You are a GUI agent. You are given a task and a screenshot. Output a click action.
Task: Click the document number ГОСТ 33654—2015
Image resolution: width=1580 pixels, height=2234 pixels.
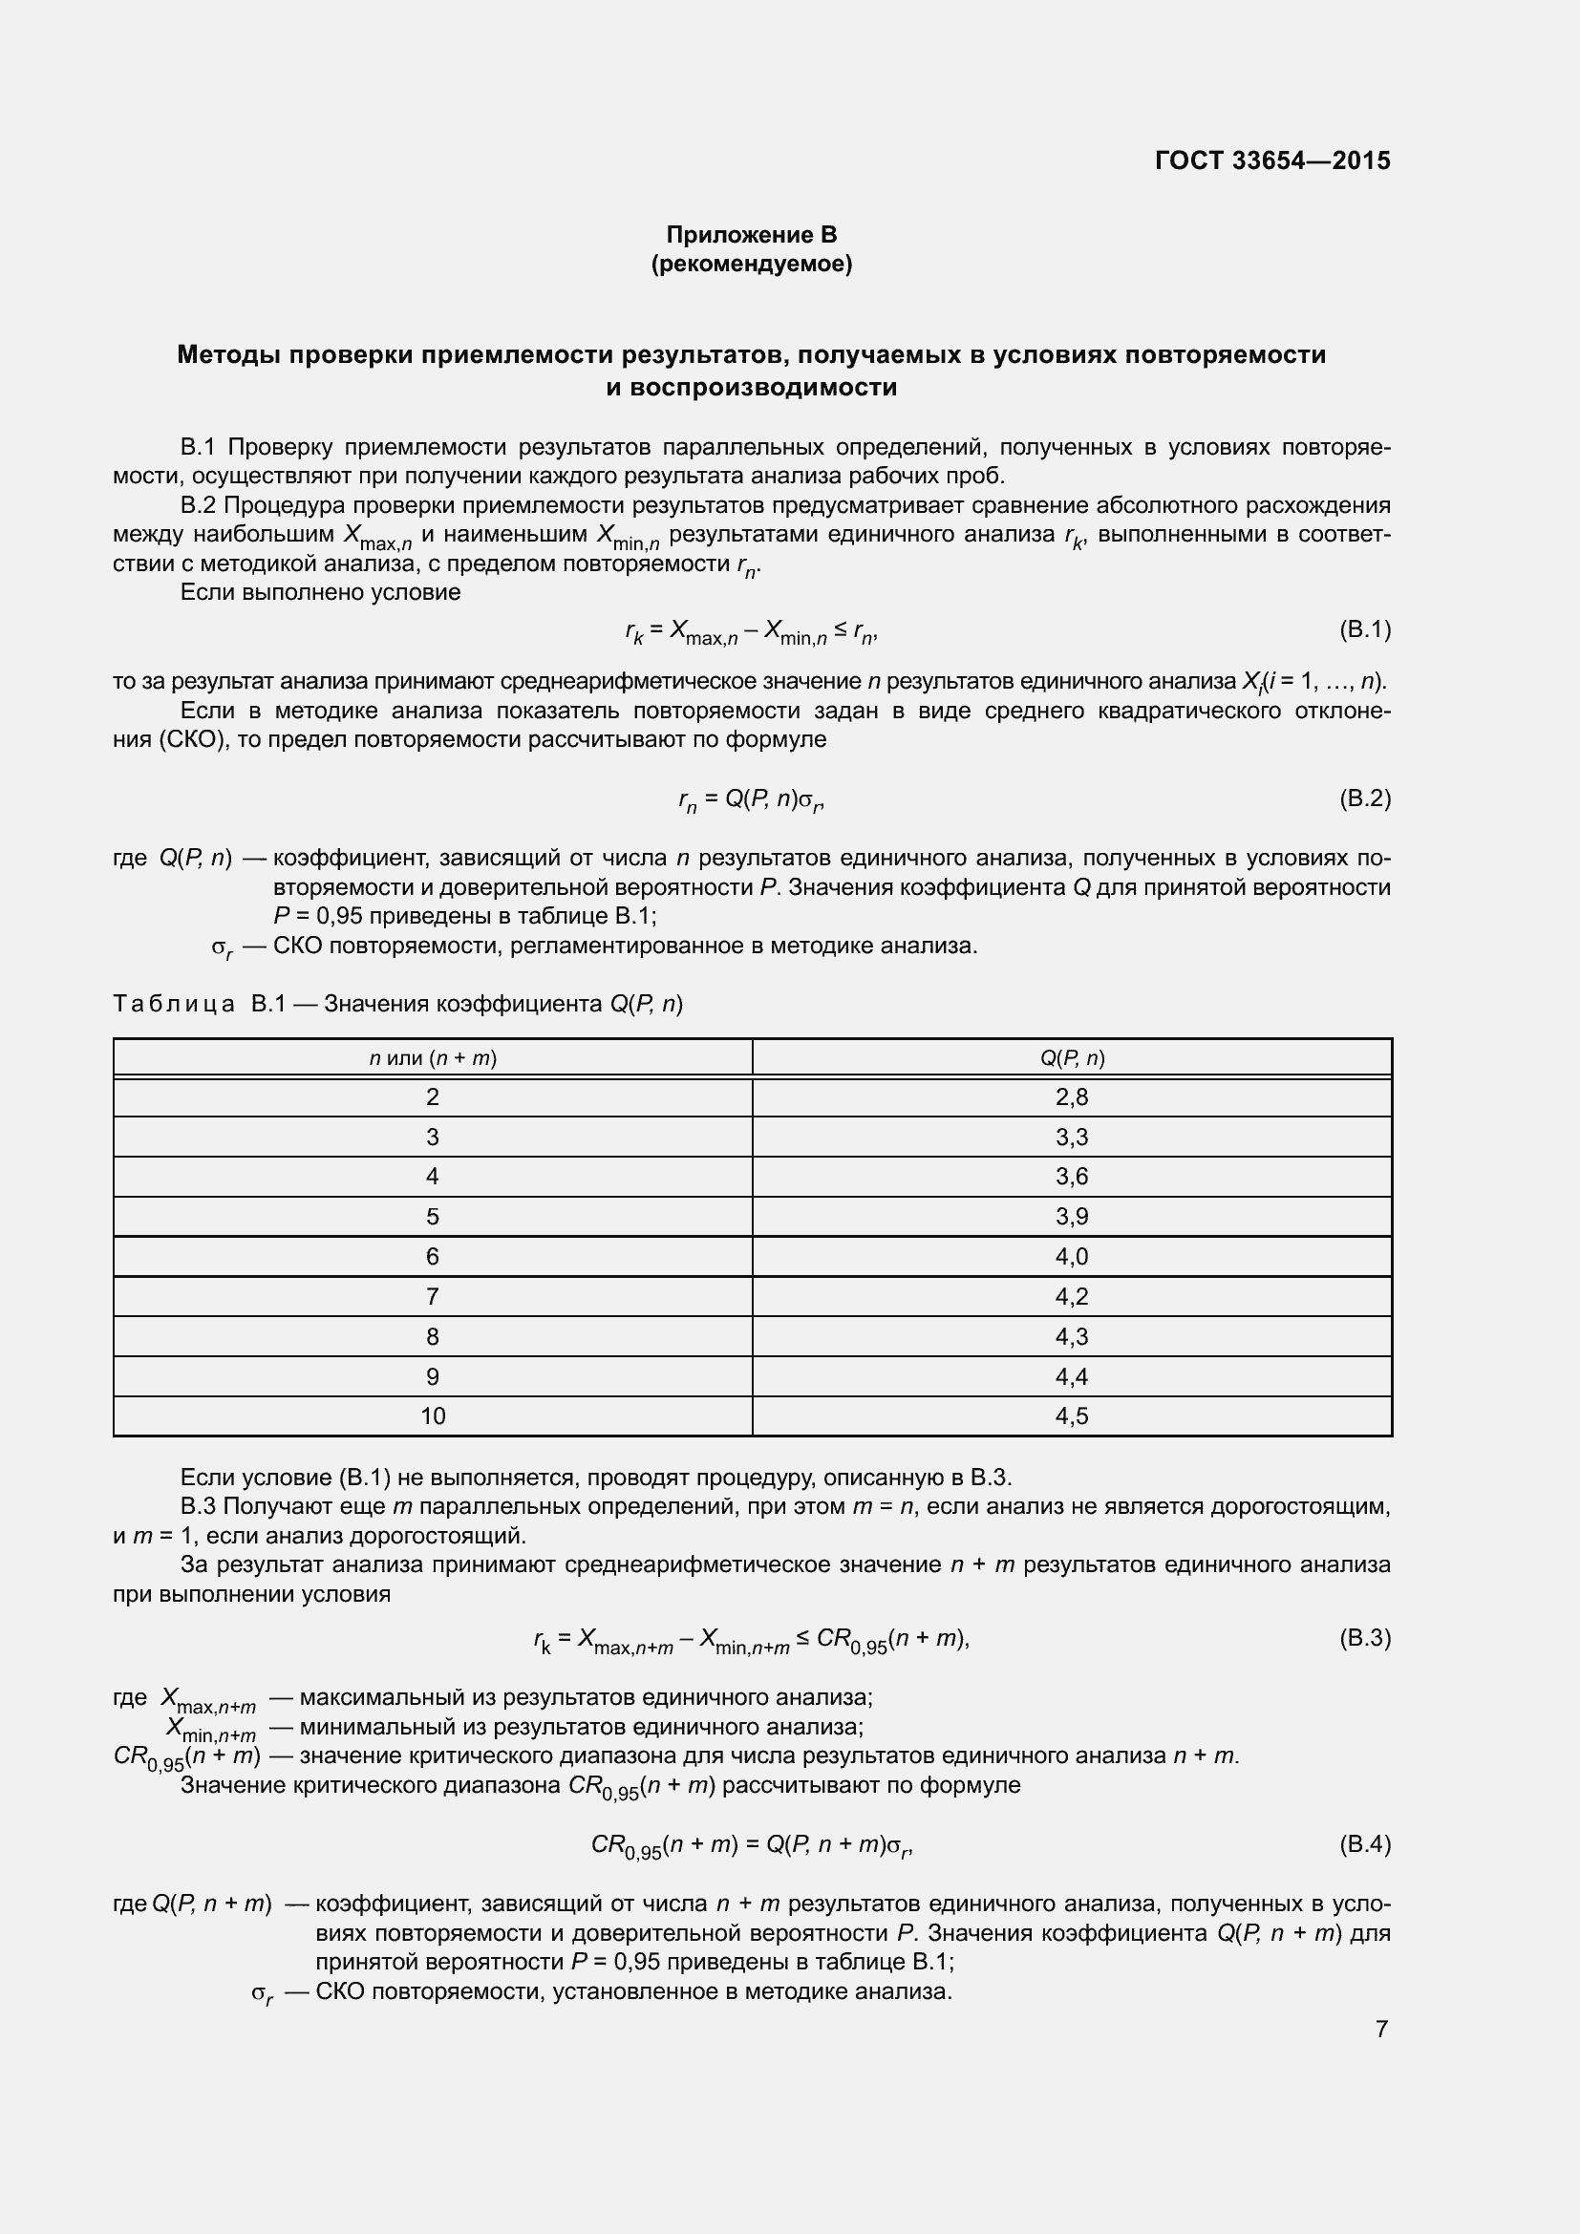coord(1272,160)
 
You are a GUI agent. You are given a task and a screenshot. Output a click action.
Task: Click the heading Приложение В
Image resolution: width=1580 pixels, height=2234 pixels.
coord(751,235)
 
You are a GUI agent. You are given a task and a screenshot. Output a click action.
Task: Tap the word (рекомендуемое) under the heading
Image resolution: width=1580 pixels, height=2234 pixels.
coord(751,264)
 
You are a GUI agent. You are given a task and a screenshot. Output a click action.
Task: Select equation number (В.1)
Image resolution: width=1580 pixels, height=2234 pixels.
coord(1365,629)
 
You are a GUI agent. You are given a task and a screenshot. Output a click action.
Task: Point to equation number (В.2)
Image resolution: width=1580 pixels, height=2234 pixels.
coord(1365,798)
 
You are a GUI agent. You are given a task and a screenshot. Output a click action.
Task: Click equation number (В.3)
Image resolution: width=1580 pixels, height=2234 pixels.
coord(1365,1638)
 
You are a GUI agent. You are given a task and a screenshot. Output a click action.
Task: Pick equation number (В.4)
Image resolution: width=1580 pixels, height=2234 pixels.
coord(1365,1843)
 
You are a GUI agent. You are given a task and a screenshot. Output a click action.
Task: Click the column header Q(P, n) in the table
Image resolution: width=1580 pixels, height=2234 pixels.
coord(1071,1057)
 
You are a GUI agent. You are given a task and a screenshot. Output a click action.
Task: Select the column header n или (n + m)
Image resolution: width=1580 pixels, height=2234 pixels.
coord(433,1057)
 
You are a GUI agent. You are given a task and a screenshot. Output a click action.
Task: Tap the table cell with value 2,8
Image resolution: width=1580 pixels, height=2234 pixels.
coord(1071,1097)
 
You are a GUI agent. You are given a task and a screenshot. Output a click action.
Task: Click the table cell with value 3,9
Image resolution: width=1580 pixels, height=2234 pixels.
coord(1071,1216)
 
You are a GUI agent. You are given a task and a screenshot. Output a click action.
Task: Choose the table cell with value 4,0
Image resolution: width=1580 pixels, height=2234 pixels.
coord(1071,1256)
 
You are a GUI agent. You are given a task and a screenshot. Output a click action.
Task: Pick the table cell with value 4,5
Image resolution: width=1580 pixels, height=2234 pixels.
coord(1071,1415)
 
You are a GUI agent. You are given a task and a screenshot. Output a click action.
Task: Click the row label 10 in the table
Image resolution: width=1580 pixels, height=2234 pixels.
coord(433,1415)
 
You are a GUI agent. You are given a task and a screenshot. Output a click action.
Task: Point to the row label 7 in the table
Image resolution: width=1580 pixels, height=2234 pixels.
coord(433,1296)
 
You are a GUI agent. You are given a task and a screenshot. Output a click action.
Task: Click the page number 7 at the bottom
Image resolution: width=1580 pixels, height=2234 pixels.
coord(1381,2029)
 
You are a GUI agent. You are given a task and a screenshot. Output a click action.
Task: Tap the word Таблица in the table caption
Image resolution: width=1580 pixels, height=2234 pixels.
coord(174,1003)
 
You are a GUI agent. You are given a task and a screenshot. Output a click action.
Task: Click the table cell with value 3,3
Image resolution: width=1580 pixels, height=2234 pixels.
coord(1071,1138)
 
